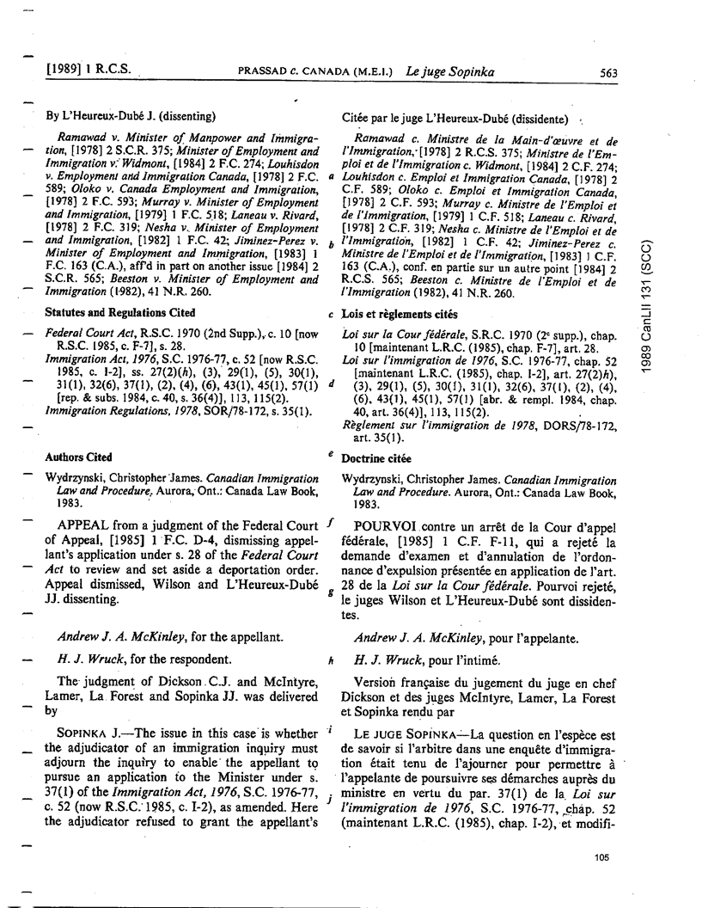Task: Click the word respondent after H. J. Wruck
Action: (198, 660)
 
